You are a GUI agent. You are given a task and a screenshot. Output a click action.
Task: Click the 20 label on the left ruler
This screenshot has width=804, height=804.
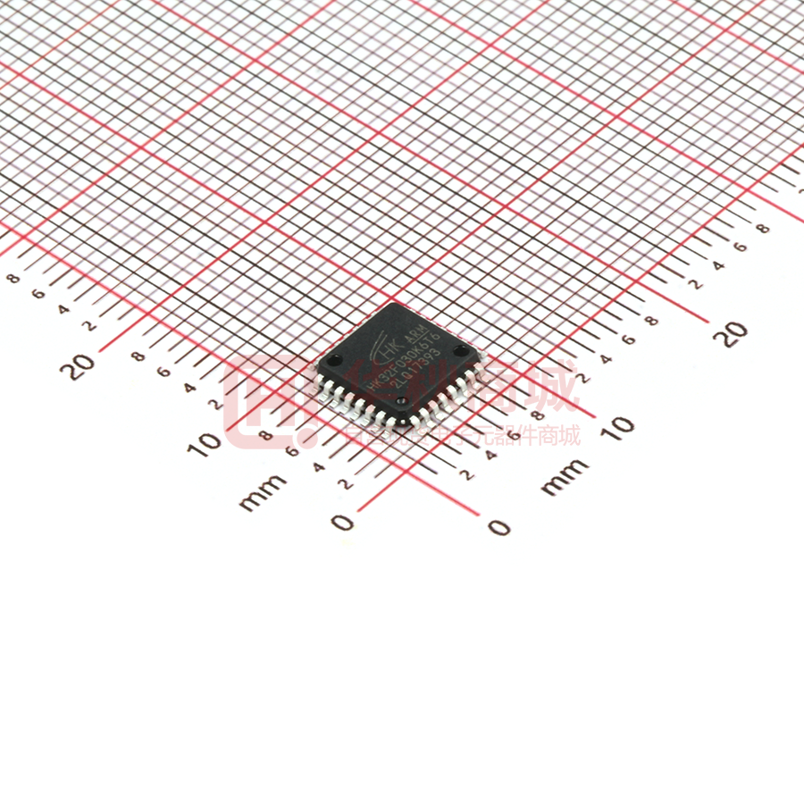(x=83, y=364)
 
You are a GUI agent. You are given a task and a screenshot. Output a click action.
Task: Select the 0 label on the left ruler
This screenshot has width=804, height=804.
(x=342, y=522)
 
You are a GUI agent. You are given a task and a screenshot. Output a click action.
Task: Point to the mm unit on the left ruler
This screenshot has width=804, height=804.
(x=263, y=490)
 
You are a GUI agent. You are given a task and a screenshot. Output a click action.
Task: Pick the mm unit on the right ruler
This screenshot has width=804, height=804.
(x=565, y=476)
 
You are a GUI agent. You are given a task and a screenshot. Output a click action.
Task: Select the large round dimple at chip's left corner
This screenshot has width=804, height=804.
(x=333, y=362)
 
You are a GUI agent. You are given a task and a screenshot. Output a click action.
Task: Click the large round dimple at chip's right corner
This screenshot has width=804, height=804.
(x=460, y=351)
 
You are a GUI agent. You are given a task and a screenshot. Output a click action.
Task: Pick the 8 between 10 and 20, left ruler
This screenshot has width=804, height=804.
(x=138, y=356)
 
